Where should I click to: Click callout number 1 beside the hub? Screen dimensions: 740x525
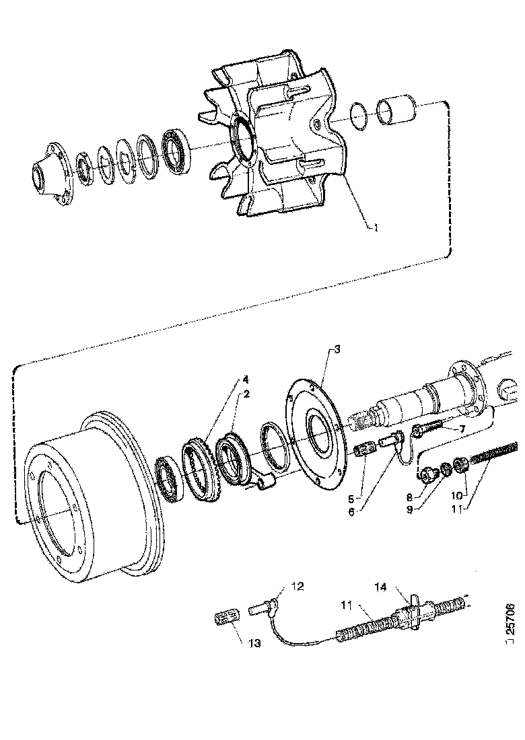click(376, 227)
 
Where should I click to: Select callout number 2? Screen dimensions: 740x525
click(247, 394)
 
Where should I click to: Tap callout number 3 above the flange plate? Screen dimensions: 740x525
click(337, 349)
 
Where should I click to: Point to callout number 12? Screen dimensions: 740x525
click(297, 587)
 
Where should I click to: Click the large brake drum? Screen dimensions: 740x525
click(87, 498)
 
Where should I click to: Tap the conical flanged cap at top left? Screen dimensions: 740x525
click(50, 173)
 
